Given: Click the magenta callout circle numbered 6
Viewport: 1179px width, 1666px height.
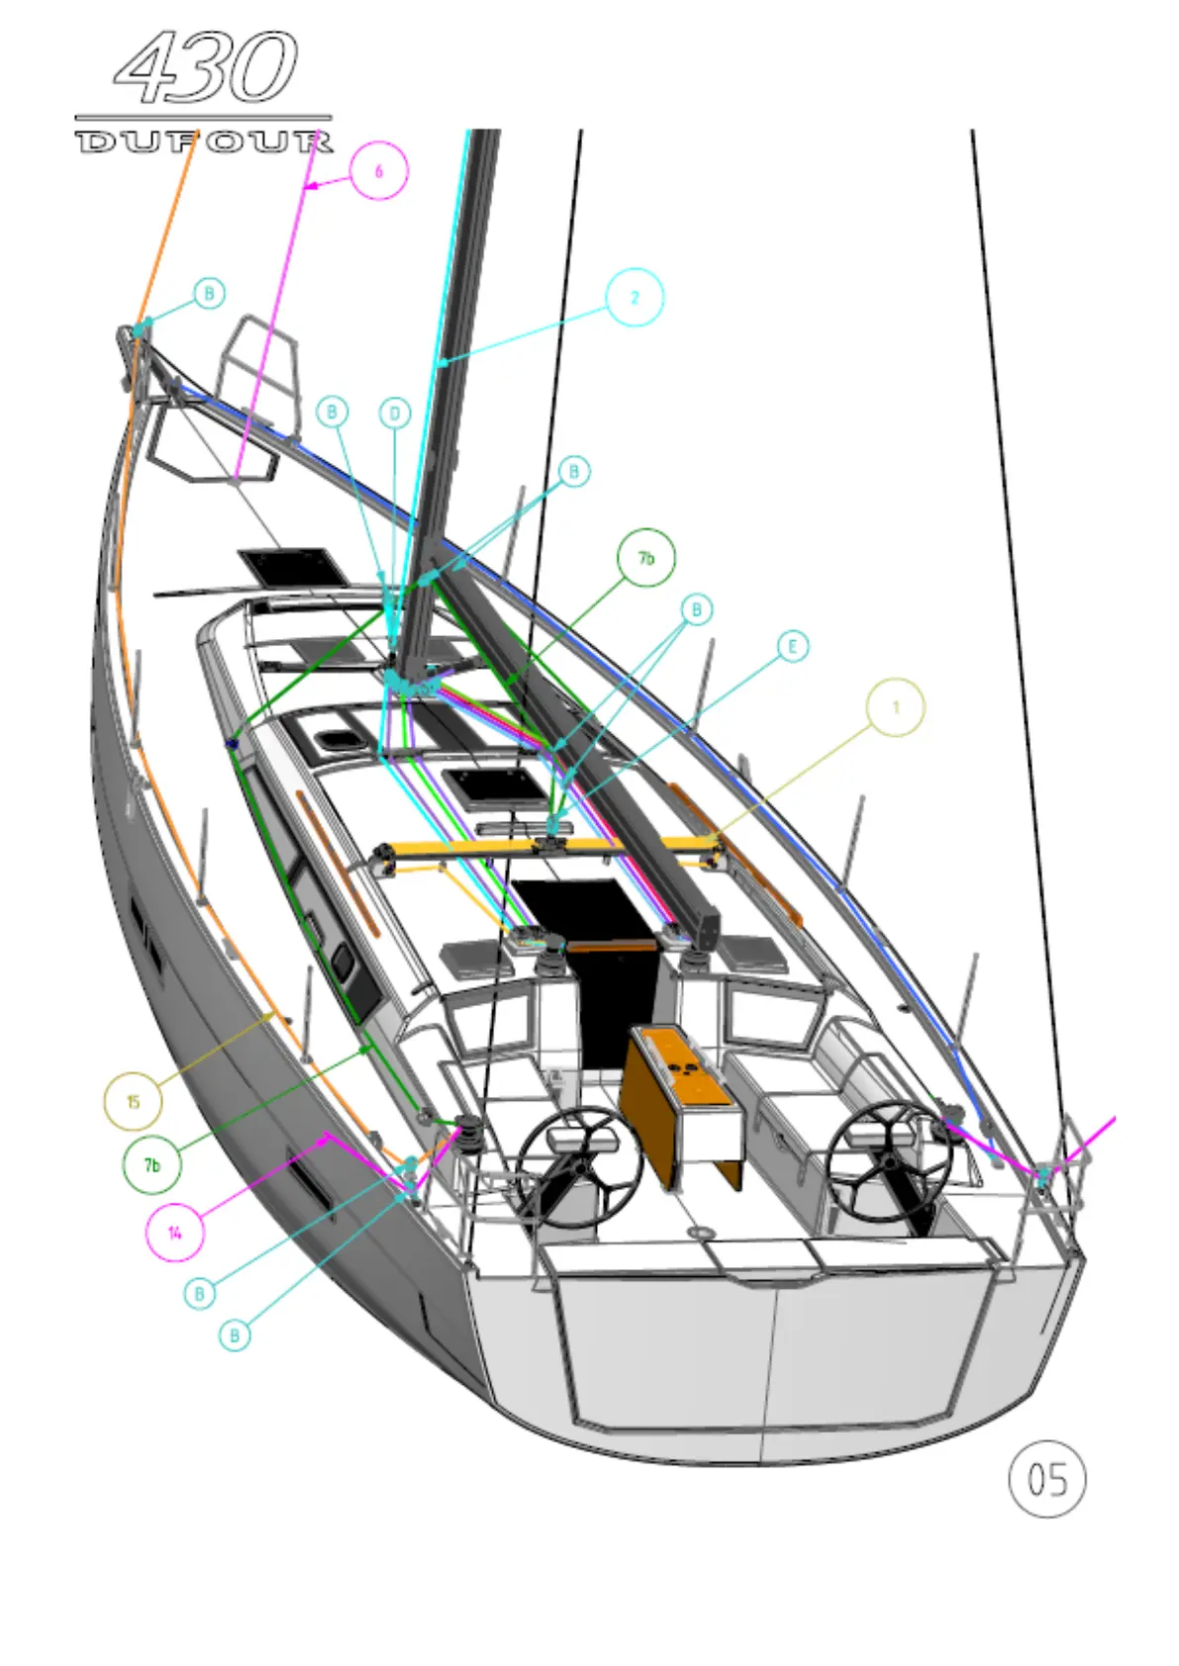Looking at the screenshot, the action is click(x=378, y=171).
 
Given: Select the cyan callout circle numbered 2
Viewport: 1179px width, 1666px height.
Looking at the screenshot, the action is click(x=635, y=297).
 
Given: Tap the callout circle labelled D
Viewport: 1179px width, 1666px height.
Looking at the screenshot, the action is click(x=395, y=413).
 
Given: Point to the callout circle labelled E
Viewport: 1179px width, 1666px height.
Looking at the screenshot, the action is click(x=792, y=647).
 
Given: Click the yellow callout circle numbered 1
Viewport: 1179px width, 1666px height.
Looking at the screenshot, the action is click(x=896, y=707).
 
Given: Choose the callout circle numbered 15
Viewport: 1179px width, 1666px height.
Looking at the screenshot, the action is click(x=134, y=1101).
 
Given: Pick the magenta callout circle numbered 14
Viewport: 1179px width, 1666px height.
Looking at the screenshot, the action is click(x=175, y=1232).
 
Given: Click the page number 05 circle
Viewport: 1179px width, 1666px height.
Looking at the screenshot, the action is click(x=1047, y=1479).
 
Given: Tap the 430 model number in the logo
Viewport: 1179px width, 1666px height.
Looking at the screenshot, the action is click(x=206, y=67).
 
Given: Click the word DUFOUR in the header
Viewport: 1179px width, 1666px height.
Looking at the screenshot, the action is click(x=203, y=141).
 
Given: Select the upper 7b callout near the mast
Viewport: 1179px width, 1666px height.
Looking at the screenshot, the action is click(x=646, y=558).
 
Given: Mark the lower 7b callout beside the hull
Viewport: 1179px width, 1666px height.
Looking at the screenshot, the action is click(x=152, y=1164).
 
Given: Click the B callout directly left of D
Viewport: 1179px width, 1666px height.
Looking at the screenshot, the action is click(x=333, y=412).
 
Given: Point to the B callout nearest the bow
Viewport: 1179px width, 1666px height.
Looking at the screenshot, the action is click(x=209, y=294).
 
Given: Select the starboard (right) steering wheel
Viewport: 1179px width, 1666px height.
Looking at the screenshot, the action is click(x=890, y=1160).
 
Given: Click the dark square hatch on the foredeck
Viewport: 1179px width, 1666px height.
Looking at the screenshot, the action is click(x=293, y=567).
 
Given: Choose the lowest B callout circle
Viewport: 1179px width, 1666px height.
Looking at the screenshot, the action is click(x=235, y=1336).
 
